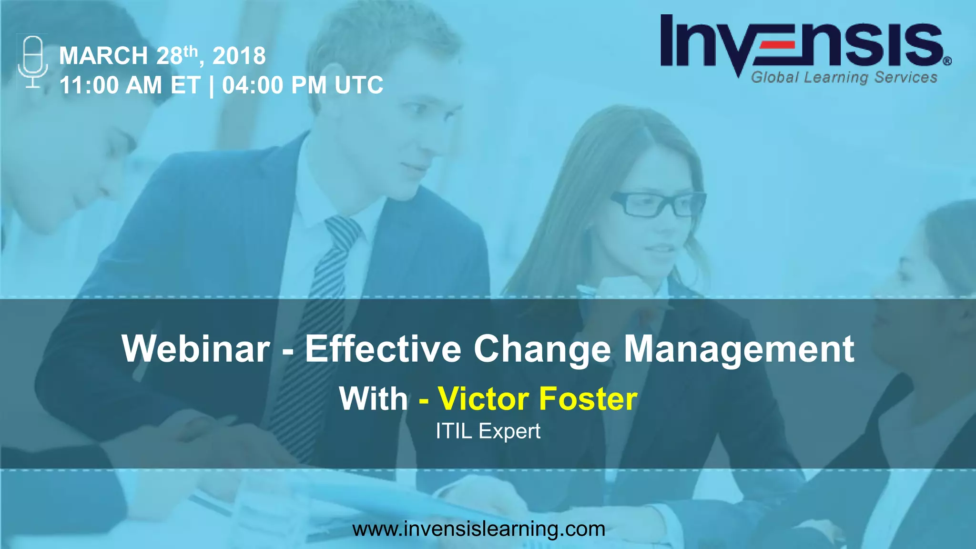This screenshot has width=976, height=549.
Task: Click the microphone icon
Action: [x=33, y=62]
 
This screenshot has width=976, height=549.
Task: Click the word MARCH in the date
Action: [x=103, y=56]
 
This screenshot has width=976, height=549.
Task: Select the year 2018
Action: [x=239, y=56]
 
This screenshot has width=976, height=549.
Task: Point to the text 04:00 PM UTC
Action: [x=303, y=86]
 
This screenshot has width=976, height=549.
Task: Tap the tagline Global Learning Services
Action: [x=844, y=77]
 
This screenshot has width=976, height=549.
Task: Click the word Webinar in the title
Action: [x=196, y=349]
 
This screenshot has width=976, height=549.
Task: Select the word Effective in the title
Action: [x=383, y=349]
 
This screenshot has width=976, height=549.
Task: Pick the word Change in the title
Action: [x=542, y=349]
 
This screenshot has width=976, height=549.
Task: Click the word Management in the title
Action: [x=739, y=349]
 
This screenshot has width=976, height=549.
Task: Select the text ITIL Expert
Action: [x=488, y=431]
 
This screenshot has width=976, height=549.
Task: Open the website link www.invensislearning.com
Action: [x=478, y=529]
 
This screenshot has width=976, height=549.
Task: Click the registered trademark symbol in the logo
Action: [x=947, y=61]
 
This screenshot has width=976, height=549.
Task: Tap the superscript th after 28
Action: [x=190, y=50]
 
